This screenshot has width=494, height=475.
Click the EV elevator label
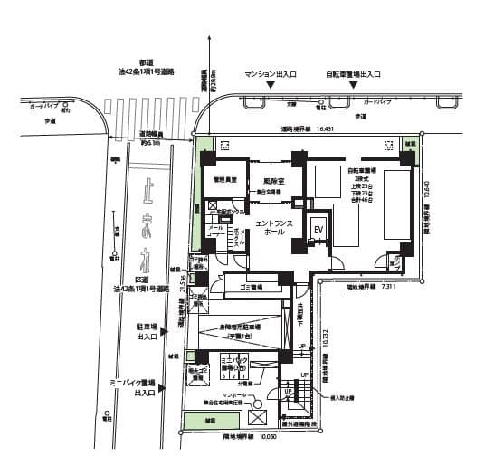pos(318,230)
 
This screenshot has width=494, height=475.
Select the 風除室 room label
pos(262,180)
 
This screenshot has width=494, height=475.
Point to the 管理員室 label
pos(224,180)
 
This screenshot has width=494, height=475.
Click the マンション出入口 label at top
pos(271,75)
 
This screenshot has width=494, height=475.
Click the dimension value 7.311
pos(390,286)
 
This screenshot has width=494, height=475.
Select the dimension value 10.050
pos(269,437)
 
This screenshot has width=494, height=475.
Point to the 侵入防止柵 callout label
pos(354,396)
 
